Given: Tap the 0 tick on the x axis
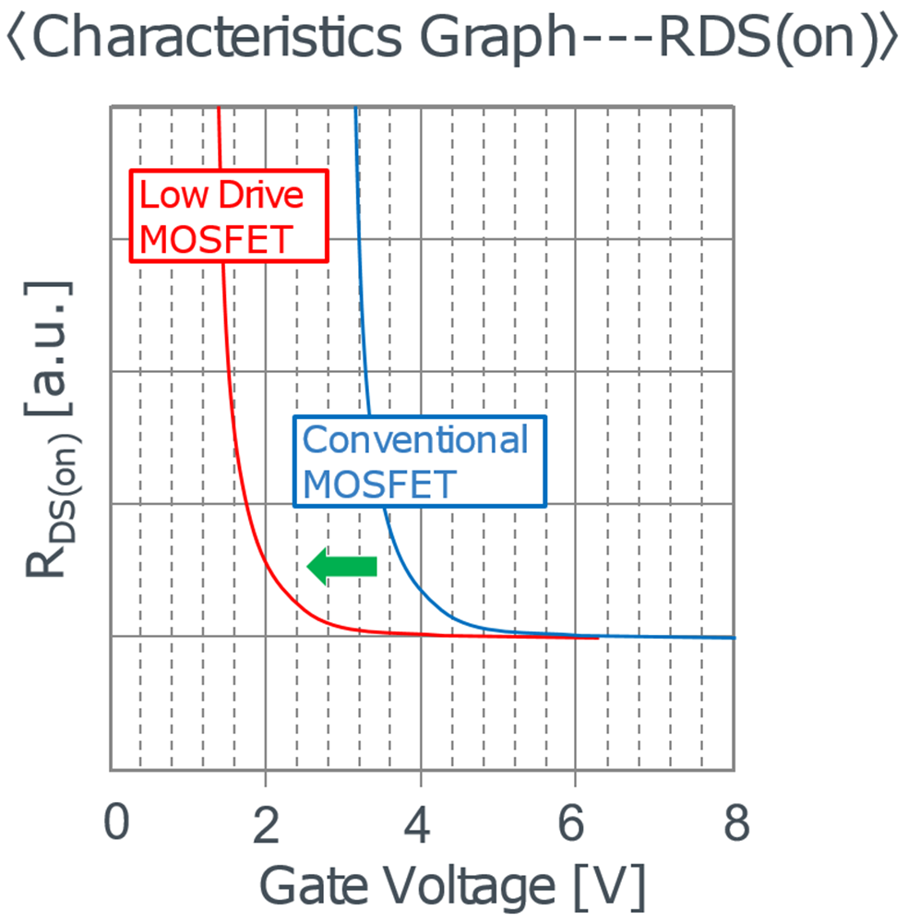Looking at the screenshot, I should [115, 823].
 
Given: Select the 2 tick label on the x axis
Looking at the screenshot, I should [266, 823].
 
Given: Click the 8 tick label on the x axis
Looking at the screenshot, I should [735, 823].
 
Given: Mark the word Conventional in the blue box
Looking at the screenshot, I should [415, 440].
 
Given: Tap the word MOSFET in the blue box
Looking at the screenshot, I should [379, 484].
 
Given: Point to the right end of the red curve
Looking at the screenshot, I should [597, 637].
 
